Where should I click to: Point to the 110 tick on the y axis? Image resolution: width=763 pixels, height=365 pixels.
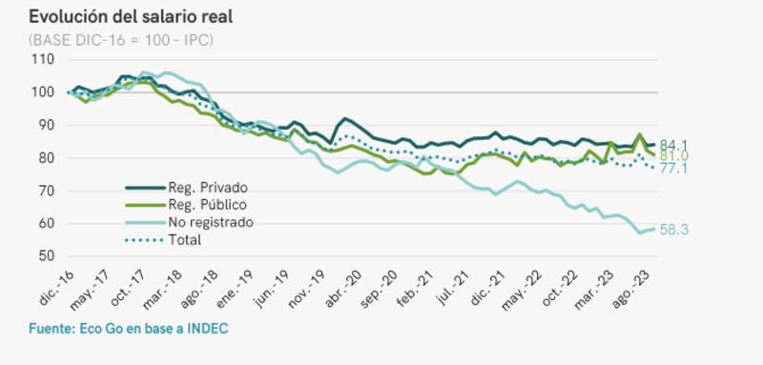42,59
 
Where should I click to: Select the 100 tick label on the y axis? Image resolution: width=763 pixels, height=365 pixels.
42,92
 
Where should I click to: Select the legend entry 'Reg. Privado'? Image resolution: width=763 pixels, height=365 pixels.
206,187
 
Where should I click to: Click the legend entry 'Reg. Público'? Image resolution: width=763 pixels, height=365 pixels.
206,204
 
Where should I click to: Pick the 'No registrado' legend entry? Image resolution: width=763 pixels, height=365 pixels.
209,222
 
